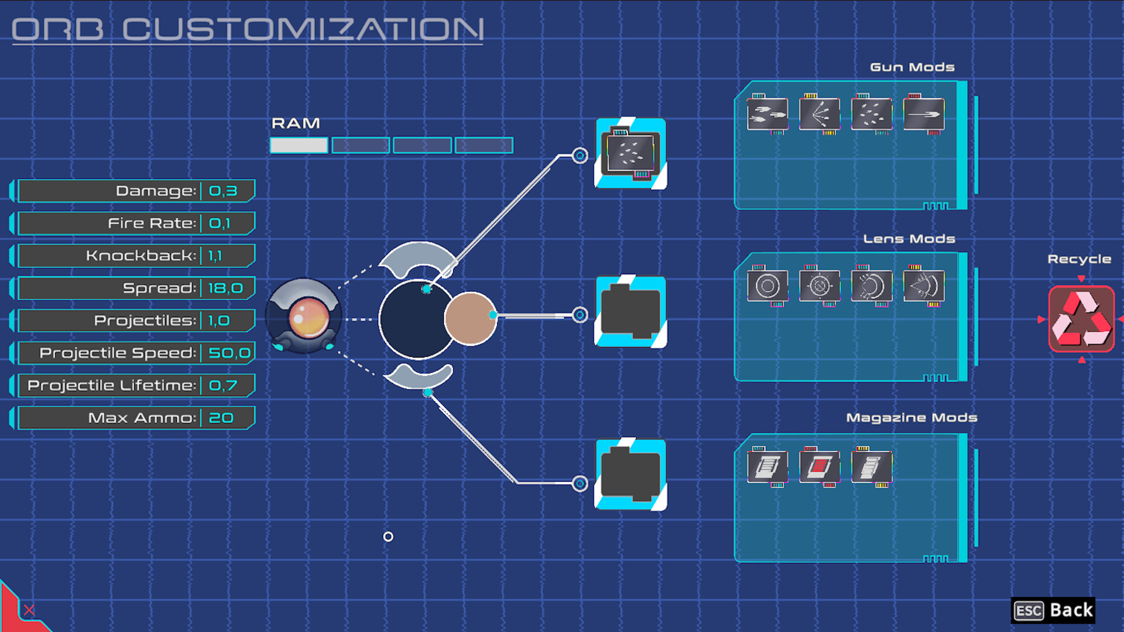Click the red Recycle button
[1081, 319]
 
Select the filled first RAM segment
[299, 145]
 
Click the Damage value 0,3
[223, 191]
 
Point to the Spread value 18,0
[225, 288]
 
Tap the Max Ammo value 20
[221, 418]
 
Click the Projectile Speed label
[117, 353]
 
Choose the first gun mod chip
[767, 114]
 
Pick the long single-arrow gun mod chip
[923, 114]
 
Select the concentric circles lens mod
[767, 286]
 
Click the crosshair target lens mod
[820, 286]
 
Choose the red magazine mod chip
[820, 466]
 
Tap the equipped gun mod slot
[630, 153]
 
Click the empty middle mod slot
[630, 312]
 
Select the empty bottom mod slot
[630, 475]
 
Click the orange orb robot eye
[309, 317]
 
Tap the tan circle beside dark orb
[470, 319]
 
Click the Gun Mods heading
[912, 67]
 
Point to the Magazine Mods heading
[911, 418]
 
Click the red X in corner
[29, 610]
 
